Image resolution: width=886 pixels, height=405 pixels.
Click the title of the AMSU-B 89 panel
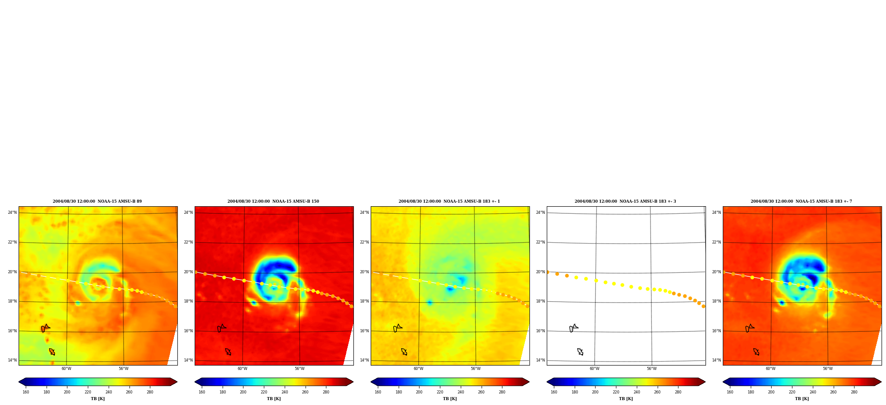98,201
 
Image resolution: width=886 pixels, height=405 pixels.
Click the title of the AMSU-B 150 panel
273,201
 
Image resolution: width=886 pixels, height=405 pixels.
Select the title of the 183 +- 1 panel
449,201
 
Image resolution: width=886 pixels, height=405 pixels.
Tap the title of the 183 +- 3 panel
625,201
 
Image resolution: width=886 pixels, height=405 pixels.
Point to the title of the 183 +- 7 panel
801,201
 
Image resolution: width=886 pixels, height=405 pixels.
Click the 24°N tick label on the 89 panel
12,212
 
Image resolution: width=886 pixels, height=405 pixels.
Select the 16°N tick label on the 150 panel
188,331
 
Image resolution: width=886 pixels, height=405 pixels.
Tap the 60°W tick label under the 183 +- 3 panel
595,369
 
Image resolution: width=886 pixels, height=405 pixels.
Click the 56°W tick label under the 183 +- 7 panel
828,369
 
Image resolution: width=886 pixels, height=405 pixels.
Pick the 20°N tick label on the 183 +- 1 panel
365,272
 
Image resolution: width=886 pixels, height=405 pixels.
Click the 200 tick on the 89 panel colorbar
67,392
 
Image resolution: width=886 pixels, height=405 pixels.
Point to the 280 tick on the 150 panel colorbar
326,392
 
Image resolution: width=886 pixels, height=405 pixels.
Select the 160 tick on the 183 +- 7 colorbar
730,392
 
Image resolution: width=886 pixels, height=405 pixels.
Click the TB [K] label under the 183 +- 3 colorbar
626,399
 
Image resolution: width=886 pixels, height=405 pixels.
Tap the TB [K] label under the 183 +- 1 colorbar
450,399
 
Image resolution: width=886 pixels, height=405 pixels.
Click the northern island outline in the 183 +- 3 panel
573,328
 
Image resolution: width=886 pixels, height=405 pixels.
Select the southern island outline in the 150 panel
228,352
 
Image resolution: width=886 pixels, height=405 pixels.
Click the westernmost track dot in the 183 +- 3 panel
548,272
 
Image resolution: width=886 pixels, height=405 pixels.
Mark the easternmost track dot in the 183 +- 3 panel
703,306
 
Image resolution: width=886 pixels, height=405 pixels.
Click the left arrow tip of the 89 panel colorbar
19,381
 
